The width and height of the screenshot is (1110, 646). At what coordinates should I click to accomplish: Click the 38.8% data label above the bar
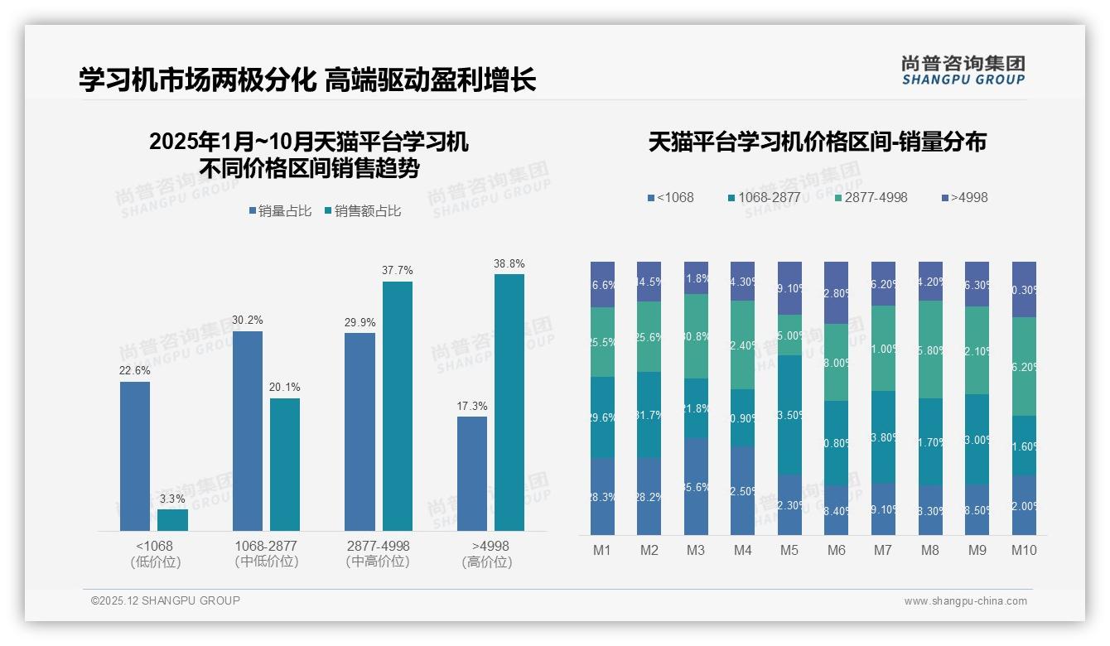(509, 263)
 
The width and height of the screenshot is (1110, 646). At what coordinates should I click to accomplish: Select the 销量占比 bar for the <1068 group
(135, 456)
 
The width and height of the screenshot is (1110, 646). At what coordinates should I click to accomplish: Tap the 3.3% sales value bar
(172, 519)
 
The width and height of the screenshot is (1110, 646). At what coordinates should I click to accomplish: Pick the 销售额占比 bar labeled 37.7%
(397, 406)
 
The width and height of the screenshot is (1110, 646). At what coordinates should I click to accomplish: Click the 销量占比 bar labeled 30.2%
(248, 431)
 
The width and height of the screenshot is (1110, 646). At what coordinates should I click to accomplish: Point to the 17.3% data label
(471, 406)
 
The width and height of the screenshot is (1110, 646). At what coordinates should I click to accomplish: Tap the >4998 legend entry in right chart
(964, 198)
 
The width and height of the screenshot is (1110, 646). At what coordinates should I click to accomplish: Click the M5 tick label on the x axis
(789, 550)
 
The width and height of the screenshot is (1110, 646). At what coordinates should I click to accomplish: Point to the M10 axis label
(1024, 550)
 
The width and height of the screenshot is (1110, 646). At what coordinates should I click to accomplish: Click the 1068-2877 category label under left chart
(266, 553)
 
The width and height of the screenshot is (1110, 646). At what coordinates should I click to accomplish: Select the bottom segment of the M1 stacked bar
(603, 496)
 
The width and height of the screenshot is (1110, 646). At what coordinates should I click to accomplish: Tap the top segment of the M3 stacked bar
(696, 277)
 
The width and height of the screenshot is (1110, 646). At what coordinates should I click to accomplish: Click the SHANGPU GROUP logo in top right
(963, 70)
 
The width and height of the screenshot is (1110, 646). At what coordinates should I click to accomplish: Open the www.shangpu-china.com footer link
(965, 601)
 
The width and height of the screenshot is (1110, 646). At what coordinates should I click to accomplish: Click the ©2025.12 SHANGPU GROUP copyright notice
(166, 600)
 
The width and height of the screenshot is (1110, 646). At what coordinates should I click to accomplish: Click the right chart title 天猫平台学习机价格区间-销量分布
(817, 142)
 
